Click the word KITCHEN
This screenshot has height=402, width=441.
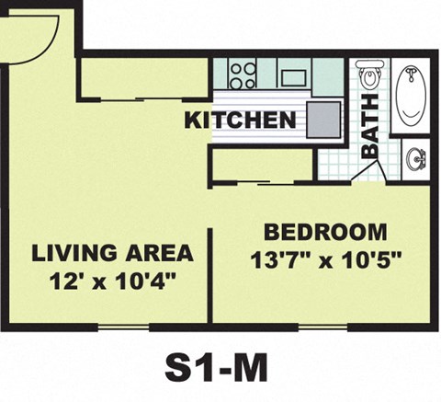[x=241, y=120]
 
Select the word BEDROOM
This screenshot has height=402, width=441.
[x=325, y=231]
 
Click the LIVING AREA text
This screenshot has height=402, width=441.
[x=112, y=253]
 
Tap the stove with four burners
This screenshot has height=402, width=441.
[x=243, y=74]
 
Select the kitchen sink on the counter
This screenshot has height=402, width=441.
[x=294, y=74]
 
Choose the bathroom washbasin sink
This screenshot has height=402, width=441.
[x=415, y=159]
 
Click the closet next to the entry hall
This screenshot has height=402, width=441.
[x=142, y=78]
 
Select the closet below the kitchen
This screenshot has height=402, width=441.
[x=262, y=164]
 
